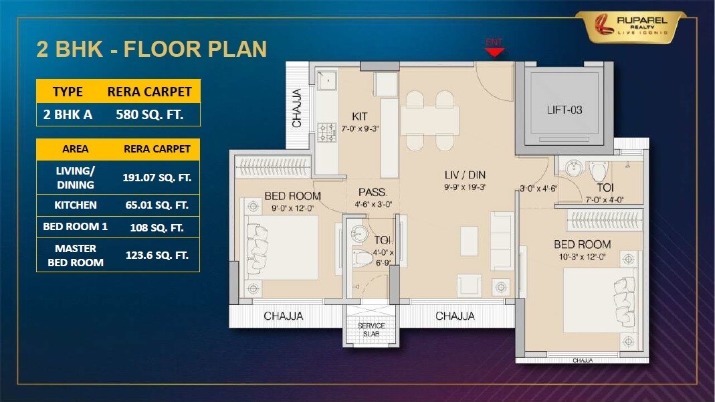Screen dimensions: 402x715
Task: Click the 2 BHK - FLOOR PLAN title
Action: [151, 49]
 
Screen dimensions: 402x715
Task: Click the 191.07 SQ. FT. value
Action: [157, 177]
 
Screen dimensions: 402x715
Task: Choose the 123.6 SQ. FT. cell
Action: [157, 255]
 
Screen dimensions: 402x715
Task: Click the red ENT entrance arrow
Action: [494, 50]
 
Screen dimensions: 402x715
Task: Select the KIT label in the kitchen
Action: [360, 116]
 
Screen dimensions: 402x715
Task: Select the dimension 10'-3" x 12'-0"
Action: [581, 256]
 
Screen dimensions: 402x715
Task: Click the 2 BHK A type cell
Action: [68, 114]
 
